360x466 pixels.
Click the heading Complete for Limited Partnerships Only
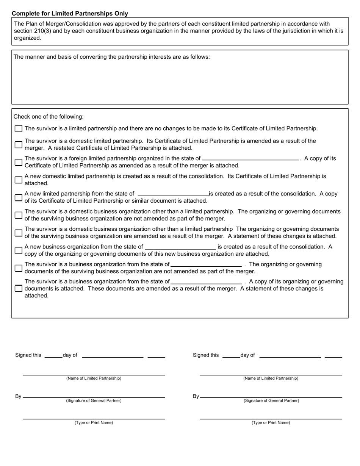[x=70, y=14]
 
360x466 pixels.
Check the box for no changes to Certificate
[x=19, y=129]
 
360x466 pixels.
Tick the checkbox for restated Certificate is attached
[x=19, y=144]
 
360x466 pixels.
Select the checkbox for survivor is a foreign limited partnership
[x=19, y=162]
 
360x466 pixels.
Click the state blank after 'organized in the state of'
[x=250, y=159]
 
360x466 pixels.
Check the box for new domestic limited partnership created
[x=19, y=180]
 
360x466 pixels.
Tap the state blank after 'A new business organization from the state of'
[x=180, y=247]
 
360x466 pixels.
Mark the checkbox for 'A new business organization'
[x=19, y=250]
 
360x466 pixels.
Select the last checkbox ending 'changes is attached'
[x=19, y=288]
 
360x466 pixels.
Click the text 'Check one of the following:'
[x=49, y=117]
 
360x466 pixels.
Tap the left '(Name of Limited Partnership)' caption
[x=94, y=378]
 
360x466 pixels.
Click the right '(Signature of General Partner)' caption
[x=271, y=401]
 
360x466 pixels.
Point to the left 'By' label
[x=18, y=397]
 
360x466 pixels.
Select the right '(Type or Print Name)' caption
[x=271, y=423]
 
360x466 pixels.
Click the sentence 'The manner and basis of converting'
[x=111, y=57]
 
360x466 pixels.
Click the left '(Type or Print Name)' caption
[x=94, y=423]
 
